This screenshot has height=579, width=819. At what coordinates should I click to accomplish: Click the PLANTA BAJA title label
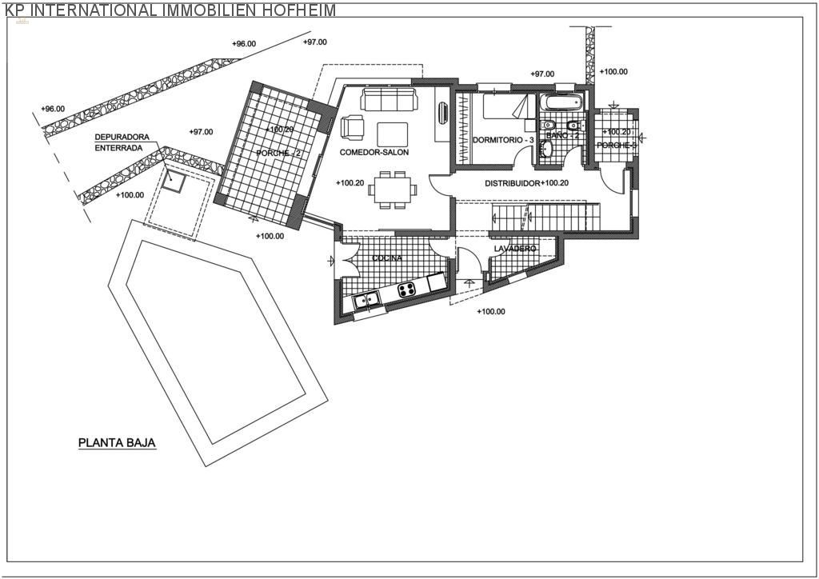pyautogui.click(x=117, y=441)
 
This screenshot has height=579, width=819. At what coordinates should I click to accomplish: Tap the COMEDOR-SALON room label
pyautogui.click(x=374, y=152)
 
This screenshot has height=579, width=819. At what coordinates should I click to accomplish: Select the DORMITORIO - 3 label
pyautogui.click(x=502, y=140)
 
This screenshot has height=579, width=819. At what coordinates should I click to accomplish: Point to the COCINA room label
pyautogui.click(x=387, y=258)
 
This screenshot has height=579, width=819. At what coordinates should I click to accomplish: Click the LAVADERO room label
pyautogui.click(x=514, y=249)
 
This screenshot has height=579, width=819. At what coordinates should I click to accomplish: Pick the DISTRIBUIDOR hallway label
pyautogui.click(x=512, y=183)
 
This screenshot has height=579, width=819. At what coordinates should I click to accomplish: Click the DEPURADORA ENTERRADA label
pyautogui.click(x=122, y=142)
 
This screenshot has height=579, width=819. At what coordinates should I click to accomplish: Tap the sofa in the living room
pyautogui.click(x=388, y=100)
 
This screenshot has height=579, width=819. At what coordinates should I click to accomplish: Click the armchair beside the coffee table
pyautogui.click(x=352, y=127)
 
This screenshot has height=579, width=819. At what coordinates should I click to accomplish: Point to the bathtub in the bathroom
pyautogui.click(x=562, y=103)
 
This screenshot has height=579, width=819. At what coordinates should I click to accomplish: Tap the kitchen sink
pyautogui.click(x=367, y=301)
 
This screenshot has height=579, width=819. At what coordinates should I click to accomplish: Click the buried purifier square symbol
pyautogui.click(x=172, y=181)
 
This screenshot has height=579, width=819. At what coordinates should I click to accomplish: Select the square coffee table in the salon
pyautogui.click(x=392, y=133)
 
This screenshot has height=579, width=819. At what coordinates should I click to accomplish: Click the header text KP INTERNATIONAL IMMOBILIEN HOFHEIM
pyautogui.click(x=168, y=10)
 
